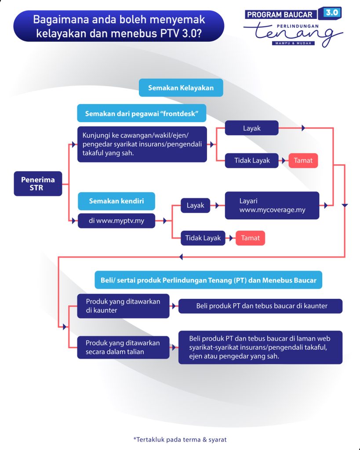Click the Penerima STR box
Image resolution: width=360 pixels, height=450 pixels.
38,183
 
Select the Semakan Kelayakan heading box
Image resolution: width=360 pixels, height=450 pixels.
181,88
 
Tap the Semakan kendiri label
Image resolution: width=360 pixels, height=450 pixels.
116,201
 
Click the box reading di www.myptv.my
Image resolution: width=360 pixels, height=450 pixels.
116,221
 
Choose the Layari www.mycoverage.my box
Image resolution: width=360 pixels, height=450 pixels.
272,206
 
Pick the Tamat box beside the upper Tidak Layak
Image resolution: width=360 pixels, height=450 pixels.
303,160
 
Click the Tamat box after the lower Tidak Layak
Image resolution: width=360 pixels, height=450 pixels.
250,238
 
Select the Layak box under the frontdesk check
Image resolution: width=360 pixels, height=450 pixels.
251,128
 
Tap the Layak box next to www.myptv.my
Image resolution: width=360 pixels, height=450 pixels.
195,205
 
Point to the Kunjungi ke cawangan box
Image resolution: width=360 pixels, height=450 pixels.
142,144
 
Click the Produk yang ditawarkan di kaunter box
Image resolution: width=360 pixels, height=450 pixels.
123,306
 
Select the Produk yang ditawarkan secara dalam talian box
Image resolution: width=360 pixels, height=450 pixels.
123,347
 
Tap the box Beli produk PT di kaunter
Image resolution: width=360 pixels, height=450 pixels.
260,306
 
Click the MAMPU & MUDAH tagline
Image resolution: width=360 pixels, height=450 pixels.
293,44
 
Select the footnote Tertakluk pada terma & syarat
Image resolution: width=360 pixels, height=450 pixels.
180,439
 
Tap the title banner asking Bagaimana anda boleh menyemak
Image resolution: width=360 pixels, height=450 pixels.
119,26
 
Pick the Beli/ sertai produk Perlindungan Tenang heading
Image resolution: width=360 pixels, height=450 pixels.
208,280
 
